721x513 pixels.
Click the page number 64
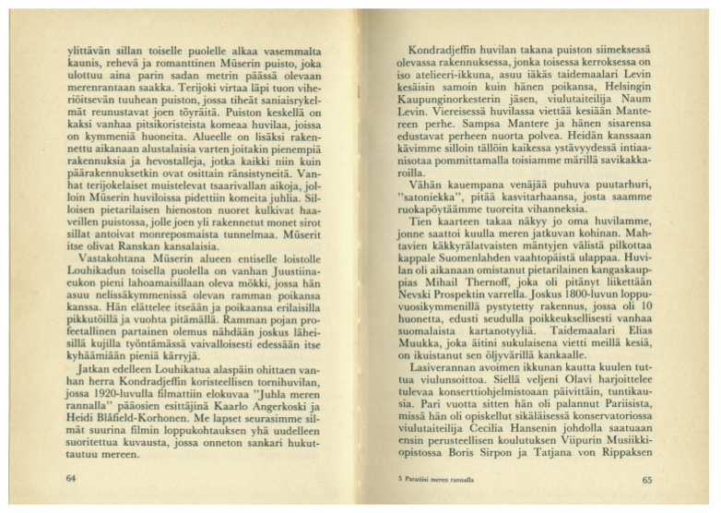pos(72,479)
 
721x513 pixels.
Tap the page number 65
pos(647,479)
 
